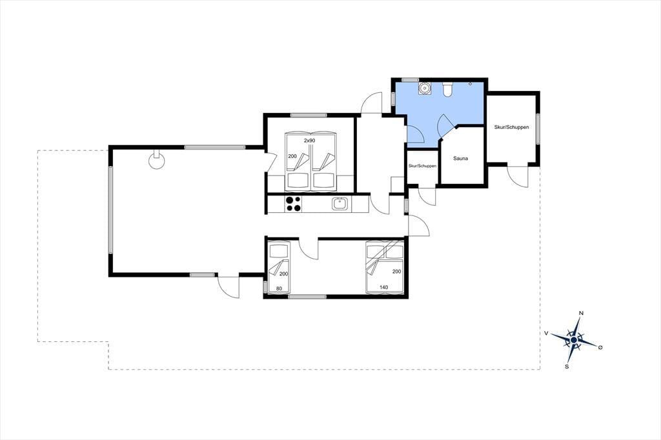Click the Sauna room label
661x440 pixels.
click(461, 159)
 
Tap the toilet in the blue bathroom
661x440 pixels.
click(448, 89)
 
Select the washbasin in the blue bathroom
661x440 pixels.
click(425, 88)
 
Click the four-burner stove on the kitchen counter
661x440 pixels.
click(294, 204)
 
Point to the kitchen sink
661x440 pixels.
click(340, 204)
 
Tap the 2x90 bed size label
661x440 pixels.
click(310, 141)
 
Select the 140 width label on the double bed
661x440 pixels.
click(383, 288)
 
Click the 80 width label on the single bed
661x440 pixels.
click(279, 288)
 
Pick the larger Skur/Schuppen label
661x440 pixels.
click(512, 127)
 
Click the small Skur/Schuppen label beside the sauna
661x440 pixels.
click(422, 166)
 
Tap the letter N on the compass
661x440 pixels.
click(582, 313)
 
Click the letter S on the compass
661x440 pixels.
click(567, 366)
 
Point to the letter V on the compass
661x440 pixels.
click(546, 333)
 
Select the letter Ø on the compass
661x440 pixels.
click(600, 347)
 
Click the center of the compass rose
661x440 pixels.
click(574, 340)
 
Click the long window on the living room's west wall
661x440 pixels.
click(110, 210)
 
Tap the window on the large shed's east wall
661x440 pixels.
click(538, 128)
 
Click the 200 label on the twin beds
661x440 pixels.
click(292, 156)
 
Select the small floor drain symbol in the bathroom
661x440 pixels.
click(471, 84)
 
